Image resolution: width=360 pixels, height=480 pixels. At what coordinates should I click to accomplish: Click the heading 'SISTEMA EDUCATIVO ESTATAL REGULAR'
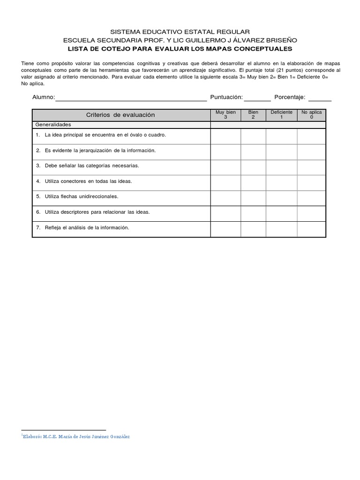pos(180,31)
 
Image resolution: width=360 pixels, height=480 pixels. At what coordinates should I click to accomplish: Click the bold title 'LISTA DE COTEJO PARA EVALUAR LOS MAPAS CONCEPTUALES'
pos(180,48)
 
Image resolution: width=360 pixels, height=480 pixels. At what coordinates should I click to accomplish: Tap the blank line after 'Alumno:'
pos(131,98)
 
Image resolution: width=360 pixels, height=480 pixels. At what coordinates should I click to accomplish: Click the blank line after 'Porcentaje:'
pos(320,98)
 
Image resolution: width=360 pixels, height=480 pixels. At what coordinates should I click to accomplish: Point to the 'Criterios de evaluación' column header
pos(120,115)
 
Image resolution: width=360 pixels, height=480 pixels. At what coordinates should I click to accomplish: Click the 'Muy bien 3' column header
pos(225,115)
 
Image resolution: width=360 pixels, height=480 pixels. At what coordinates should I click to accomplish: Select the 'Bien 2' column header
pos(253,115)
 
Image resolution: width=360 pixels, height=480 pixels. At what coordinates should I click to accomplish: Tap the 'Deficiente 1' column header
pos(281,115)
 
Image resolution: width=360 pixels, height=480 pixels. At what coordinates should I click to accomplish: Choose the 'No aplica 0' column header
pos(311,115)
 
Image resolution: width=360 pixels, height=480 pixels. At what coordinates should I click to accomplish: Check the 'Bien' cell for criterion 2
pos(253,151)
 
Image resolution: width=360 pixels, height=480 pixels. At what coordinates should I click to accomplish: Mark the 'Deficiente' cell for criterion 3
pos(281,166)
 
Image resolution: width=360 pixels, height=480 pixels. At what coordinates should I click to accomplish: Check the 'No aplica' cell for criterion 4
pos(311,182)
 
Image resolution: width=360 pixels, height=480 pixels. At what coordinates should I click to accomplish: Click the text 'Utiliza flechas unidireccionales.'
pos(81,197)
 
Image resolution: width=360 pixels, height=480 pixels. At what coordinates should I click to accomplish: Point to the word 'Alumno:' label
pos(44,97)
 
